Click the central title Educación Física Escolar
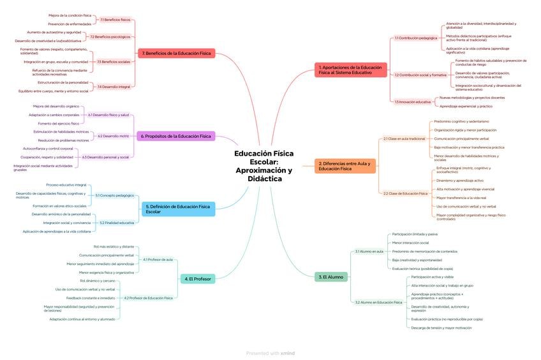pyautogui.click(x=263, y=166)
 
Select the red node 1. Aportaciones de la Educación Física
pyautogui.click(x=351, y=70)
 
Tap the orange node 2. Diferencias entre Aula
pyautogui.click(x=345, y=166)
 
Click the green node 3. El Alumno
pyautogui.click(x=330, y=277)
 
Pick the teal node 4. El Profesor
pyautogui.click(x=198, y=279)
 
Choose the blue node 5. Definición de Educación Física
pyautogui.click(x=178, y=209)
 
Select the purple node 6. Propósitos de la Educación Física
pyautogui.click(x=175, y=136)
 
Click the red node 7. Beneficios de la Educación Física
pyautogui.click(x=176, y=54)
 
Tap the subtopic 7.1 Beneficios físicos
pyautogui.click(x=115, y=20)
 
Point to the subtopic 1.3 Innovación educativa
pyautogui.click(x=412, y=102)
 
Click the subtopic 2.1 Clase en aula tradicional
pyautogui.click(x=404, y=139)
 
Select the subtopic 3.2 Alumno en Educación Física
pyautogui.click(x=378, y=302)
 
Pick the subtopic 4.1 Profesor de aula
pyautogui.click(x=158, y=260)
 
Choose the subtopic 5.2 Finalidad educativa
pyautogui.click(x=117, y=223)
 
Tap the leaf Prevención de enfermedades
pyautogui.click(x=70, y=24)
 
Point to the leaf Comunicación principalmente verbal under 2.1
pyautogui.click(x=461, y=139)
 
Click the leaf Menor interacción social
pyautogui.click(x=410, y=243)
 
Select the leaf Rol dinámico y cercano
pyautogui.click(x=98, y=281)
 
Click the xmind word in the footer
pyautogui.click(x=288, y=353)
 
